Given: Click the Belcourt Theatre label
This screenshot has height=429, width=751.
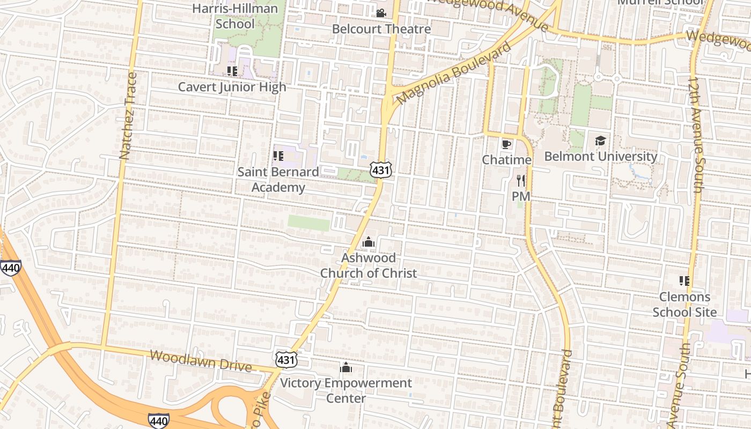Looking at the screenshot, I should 381,29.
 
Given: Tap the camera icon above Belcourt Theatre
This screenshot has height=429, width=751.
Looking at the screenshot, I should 381,13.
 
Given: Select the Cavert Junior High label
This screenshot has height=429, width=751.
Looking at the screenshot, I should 232,87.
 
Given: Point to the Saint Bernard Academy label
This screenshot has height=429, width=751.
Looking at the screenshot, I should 278,180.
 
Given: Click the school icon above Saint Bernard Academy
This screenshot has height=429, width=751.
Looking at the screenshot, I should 278,156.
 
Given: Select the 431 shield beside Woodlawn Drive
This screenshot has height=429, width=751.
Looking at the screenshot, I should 286,359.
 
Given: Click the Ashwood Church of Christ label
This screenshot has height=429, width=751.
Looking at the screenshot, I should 368,265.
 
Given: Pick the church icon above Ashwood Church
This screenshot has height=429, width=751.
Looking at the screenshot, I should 368,242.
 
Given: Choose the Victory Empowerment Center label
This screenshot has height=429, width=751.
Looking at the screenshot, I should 346,390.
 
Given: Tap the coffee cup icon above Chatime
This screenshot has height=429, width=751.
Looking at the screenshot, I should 506,144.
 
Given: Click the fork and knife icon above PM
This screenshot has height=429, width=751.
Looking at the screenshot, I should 520,181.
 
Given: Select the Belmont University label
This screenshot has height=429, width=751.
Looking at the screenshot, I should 600,157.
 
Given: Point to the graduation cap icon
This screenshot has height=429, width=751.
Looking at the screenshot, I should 600,141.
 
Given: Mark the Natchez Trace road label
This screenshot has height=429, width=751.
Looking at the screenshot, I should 128,116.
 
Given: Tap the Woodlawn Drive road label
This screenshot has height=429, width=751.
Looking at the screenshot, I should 201,361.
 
